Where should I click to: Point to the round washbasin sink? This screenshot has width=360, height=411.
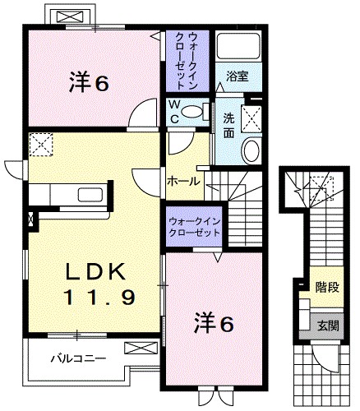[x=252, y=149]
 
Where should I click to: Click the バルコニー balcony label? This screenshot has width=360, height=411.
[x=76, y=358]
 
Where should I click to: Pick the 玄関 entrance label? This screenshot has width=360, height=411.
[x=328, y=324]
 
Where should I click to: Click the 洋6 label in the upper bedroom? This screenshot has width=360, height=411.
[x=90, y=82]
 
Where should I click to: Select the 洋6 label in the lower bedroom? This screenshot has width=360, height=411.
[x=214, y=323]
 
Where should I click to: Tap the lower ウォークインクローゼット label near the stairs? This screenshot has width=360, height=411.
[x=194, y=227]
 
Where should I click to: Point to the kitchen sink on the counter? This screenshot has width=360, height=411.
[x=88, y=194]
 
